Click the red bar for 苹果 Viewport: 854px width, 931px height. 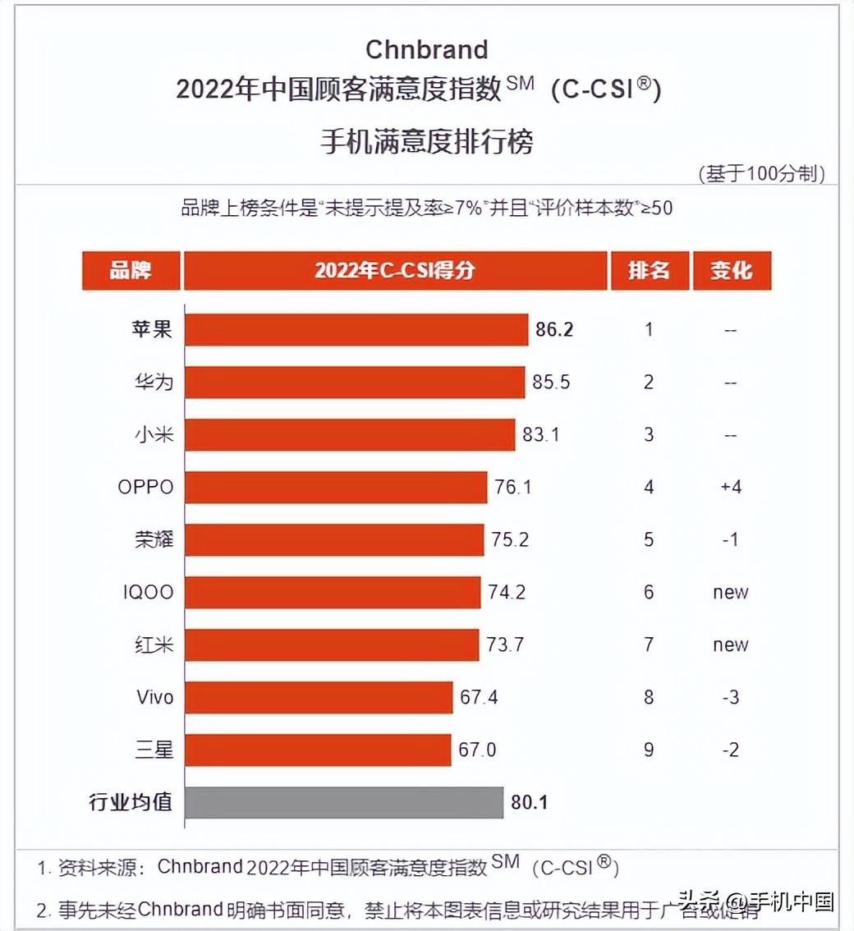pyautogui.click(x=356, y=329)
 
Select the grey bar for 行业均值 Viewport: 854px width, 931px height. pyautogui.click(x=343, y=802)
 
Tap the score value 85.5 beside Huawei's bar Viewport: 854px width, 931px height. pyautogui.click(x=553, y=382)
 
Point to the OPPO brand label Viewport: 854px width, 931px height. pyautogui.click(x=145, y=487)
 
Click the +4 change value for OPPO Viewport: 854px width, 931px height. pyautogui.click(x=730, y=487)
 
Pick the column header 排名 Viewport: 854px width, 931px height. pyautogui.click(x=649, y=270)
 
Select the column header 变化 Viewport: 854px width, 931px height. pyautogui.click(x=731, y=270)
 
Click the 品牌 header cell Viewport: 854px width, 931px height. pyautogui.click(x=131, y=270)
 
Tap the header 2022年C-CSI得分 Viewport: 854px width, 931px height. pyautogui.click(x=394, y=270)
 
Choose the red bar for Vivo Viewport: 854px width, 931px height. pyautogui.click(x=318, y=697)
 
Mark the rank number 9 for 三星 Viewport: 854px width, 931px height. pyautogui.click(x=649, y=750)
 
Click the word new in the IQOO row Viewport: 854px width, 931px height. pyautogui.click(x=730, y=592)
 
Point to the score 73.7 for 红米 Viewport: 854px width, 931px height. pyautogui.click(x=506, y=644)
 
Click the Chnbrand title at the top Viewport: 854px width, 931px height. pyautogui.click(x=426, y=49)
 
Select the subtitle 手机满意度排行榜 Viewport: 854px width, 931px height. pyautogui.click(x=426, y=141)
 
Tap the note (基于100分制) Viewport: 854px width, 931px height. pyautogui.click(x=760, y=173)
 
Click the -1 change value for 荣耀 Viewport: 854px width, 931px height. pyautogui.click(x=730, y=539)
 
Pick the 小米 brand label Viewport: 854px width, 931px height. pyautogui.click(x=154, y=434)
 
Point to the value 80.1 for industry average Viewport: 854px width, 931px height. pyautogui.click(x=529, y=802)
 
